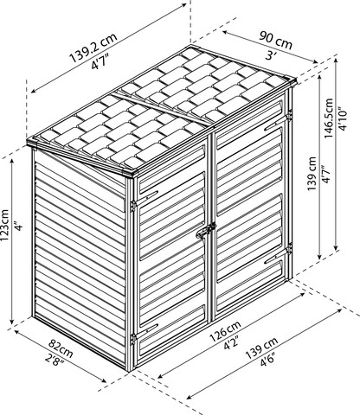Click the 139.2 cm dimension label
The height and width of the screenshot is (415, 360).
pos(93,48)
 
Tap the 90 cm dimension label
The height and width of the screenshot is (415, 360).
pos(276,40)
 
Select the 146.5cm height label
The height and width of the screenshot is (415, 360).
pos(329,118)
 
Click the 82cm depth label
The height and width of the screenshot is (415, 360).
pos(61,348)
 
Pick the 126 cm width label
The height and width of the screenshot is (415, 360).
pos(226,331)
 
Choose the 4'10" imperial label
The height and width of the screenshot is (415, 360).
pos(343,118)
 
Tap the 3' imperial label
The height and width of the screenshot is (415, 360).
pos(270,55)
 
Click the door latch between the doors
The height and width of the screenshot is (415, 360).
pos(206,230)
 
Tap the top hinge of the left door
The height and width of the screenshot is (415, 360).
pos(133,206)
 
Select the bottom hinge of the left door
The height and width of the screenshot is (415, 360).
pos(133,339)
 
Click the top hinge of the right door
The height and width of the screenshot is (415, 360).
pos(289,114)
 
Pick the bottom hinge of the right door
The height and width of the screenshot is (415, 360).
pos(289,248)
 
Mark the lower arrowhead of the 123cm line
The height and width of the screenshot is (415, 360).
pos(12,321)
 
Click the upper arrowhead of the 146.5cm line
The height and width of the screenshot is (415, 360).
pos(336,62)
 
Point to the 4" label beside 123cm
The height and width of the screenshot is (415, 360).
pos(18,227)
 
